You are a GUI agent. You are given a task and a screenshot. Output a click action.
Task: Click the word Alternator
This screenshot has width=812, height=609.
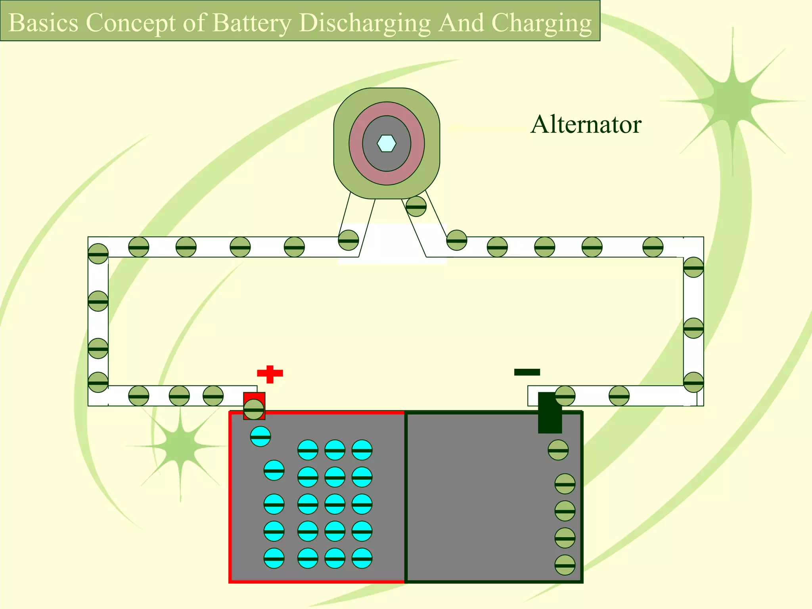point(586,124)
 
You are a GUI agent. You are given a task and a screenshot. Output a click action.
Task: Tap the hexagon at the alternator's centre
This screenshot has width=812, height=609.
point(387,144)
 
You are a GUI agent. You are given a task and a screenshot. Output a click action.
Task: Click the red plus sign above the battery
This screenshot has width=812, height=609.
point(270,374)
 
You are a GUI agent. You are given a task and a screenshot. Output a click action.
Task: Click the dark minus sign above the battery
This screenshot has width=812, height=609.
point(527,372)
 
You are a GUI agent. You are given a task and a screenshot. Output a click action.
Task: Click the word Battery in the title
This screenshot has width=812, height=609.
point(252,23)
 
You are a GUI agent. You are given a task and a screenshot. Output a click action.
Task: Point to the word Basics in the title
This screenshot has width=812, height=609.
point(43,23)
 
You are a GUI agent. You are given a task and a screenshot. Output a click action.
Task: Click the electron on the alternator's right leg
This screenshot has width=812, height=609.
point(416,206)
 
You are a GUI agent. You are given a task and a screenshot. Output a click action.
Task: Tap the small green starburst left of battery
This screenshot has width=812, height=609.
point(180,446)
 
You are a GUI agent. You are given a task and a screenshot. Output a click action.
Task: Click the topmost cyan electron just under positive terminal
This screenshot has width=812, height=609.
point(260,437)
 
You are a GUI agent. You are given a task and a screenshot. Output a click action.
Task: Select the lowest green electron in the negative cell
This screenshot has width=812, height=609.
point(565,565)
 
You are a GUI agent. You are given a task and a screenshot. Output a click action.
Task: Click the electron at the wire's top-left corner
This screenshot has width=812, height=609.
point(98,254)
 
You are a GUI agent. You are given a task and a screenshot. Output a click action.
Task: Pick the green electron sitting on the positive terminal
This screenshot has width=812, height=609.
point(254,410)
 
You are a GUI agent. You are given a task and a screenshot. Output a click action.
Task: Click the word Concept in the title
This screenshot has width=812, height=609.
point(130,23)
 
